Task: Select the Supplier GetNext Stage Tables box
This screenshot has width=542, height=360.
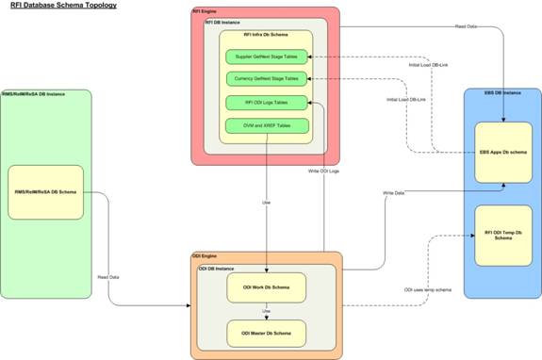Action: pos(268,57)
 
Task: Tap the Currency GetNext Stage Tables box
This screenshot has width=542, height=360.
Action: pos(268,78)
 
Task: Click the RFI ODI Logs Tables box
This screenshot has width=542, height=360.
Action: pos(268,102)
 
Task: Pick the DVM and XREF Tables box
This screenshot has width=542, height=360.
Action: pos(268,125)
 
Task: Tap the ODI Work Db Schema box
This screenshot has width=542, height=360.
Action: pos(266,288)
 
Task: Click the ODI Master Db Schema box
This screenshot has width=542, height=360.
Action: pos(266,333)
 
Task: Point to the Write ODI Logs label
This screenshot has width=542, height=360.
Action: pos(323,171)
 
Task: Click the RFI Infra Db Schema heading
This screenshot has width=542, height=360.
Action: pos(267,35)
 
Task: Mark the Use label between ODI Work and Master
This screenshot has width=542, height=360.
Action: pos(266,310)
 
